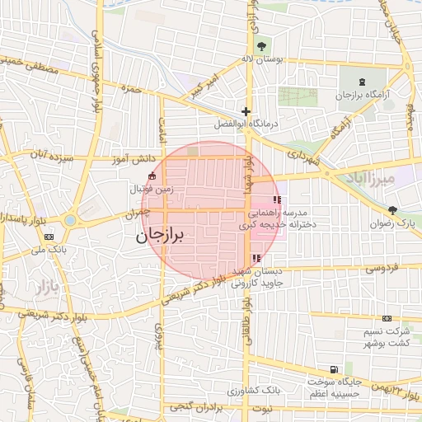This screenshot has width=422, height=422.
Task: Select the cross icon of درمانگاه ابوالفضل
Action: [245, 110]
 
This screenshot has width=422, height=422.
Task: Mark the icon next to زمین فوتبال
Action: [151, 176]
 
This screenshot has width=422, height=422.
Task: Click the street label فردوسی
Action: [381, 268]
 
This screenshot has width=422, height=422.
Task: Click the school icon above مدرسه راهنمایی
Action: [277, 199]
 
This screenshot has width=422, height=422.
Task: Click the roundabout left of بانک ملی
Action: [70, 220]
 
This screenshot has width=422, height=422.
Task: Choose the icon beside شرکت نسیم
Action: [386, 318]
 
